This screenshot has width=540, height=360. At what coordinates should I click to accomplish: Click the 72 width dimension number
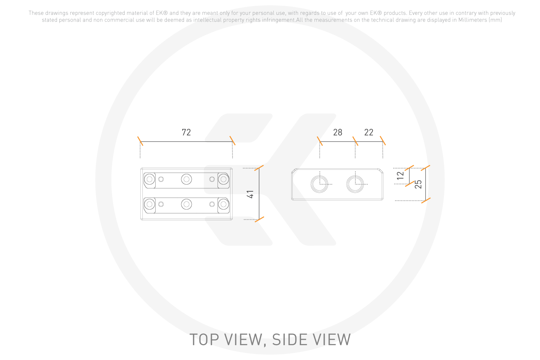pyautogui.click(x=186, y=132)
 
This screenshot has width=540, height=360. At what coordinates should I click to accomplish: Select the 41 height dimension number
pyautogui.click(x=250, y=194)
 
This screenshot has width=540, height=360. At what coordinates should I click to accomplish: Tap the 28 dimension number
pyautogui.click(x=337, y=132)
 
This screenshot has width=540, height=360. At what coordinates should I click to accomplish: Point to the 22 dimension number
pyautogui.click(x=369, y=132)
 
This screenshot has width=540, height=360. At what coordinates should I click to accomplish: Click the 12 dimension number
pyautogui.click(x=400, y=175)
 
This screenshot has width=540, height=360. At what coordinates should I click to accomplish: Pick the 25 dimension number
pyautogui.click(x=418, y=184)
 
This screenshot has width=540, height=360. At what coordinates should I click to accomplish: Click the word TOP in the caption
pyautogui.click(x=205, y=340)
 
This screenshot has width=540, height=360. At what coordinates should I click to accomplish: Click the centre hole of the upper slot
pyautogui.click(x=186, y=179)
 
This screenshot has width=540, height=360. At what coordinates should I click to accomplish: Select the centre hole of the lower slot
pyautogui.click(x=186, y=204)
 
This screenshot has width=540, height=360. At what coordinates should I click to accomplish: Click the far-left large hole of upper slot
pyautogui.click(x=150, y=179)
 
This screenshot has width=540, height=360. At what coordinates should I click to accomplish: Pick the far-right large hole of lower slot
pyautogui.click(x=223, y=204)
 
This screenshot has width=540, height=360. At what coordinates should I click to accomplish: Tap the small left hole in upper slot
pyautogui.click(x=161, y=179)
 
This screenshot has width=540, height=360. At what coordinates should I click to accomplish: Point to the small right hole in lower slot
pyautogui.click(x=212, y=204)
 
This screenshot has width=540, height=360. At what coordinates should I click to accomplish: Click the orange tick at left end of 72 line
pyautogui.click(x=140, y=141)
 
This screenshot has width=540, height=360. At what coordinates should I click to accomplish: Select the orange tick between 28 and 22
pyautogui.click(x=355, y=141)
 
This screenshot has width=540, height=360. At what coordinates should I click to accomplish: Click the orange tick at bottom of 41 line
pyautogui.click(x=260, y=219)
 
